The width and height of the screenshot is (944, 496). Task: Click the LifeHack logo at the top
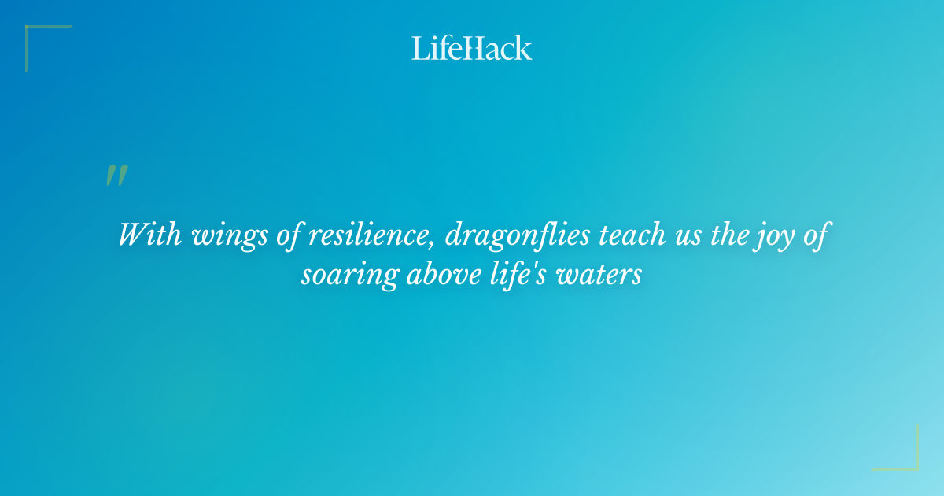click(472, 48)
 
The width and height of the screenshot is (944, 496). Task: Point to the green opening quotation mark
click(116, 176)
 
